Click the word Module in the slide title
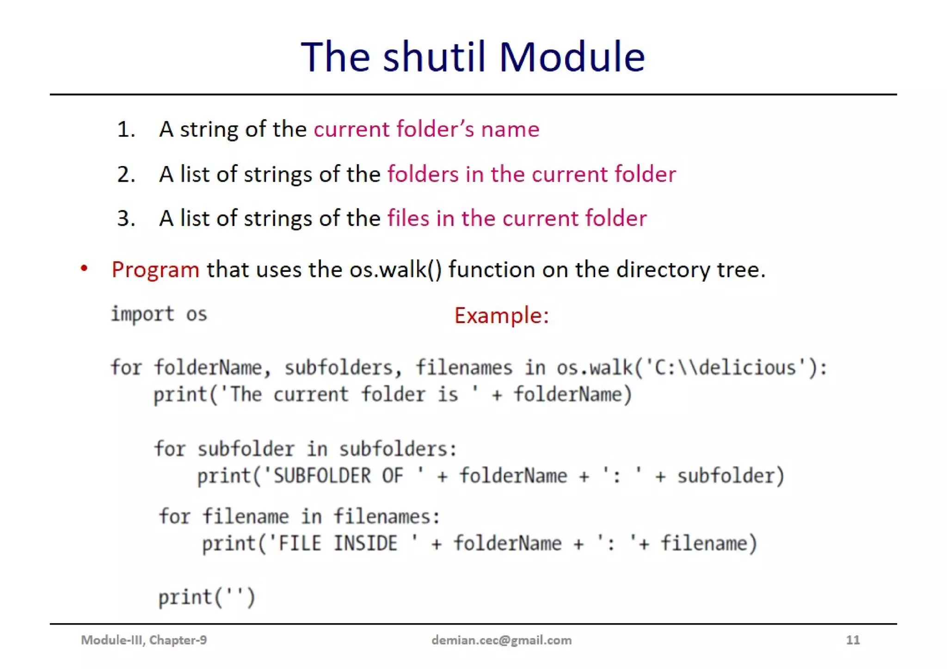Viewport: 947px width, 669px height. click(x=572, y=57)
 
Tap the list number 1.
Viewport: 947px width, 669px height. click(x=125, y=129)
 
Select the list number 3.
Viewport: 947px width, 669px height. click(x=125, y=219)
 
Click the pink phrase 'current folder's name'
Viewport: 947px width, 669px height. click(x=426, y=129)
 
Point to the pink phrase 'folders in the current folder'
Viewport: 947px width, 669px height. click(x=531, y=174)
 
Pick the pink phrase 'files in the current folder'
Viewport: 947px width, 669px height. click(x=517, y=218)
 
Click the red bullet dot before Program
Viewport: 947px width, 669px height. click(x=84, y=268)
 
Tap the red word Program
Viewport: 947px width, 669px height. click(x=155, y=270)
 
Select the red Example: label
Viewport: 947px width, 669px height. click(x=501, y=316)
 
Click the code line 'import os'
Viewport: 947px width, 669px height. click(x=159, y=314)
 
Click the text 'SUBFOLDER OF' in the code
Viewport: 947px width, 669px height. click(x=338, y=476)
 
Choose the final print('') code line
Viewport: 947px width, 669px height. click(x=206, y=597)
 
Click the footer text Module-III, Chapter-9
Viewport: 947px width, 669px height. click(x=144, y=640)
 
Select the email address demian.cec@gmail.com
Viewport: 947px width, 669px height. click(x=501, y=640)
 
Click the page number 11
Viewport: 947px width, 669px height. click(x=853, y=640)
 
